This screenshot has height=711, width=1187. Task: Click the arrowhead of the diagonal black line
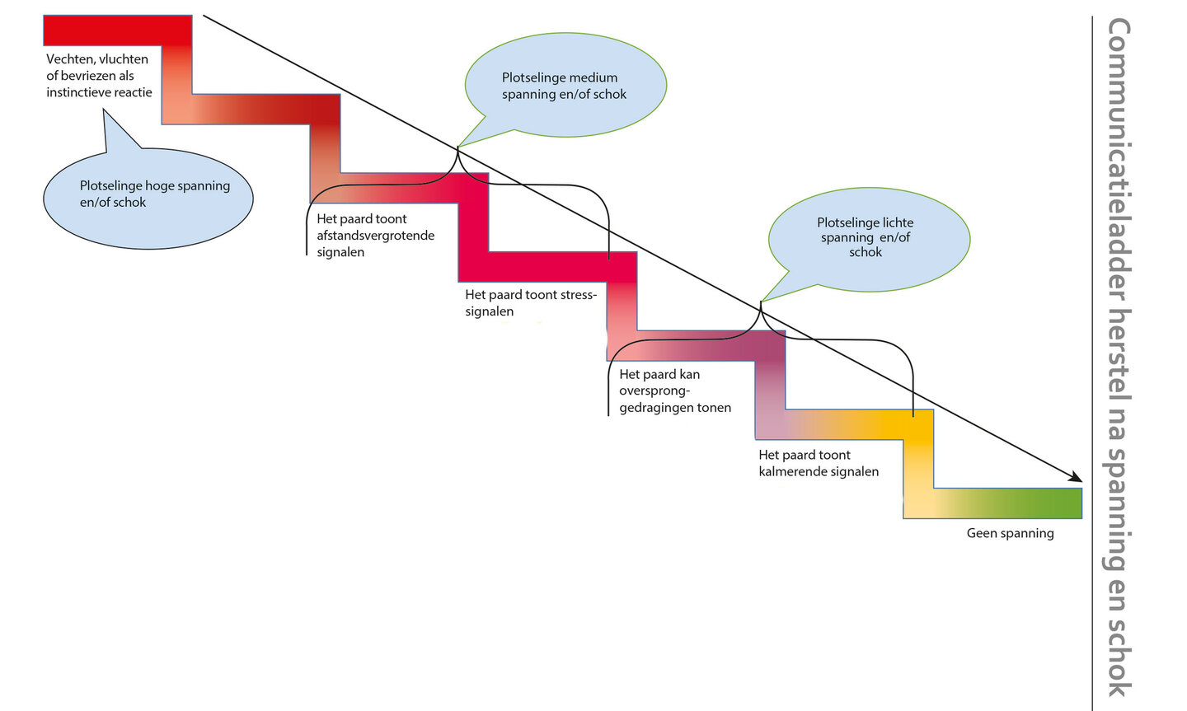pyautogui.click(x=1076, y=477)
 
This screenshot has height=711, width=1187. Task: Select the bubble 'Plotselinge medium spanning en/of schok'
pyautogui.click(x=565, y=85)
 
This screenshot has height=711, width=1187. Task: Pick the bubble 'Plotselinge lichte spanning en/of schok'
pyautogui.click(x=868, y=238)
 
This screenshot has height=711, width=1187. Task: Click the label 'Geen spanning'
pyautogui.click(x=1010, y=533)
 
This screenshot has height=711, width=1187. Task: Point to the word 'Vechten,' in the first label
pyautogui.click(x=72, y=59)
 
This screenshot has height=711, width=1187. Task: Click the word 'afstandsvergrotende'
pyautogui.click(x=375, y=236)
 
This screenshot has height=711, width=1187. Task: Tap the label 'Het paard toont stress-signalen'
pyautogui.click(x=530, y=302)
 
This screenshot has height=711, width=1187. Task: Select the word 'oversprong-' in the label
pyautogui.click(x=654, y=391)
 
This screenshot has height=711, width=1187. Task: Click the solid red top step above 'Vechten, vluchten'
pyautogui.click(x=115, y=30)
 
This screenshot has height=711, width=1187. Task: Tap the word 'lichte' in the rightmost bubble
pyautogui.click(x=894, y=222)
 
